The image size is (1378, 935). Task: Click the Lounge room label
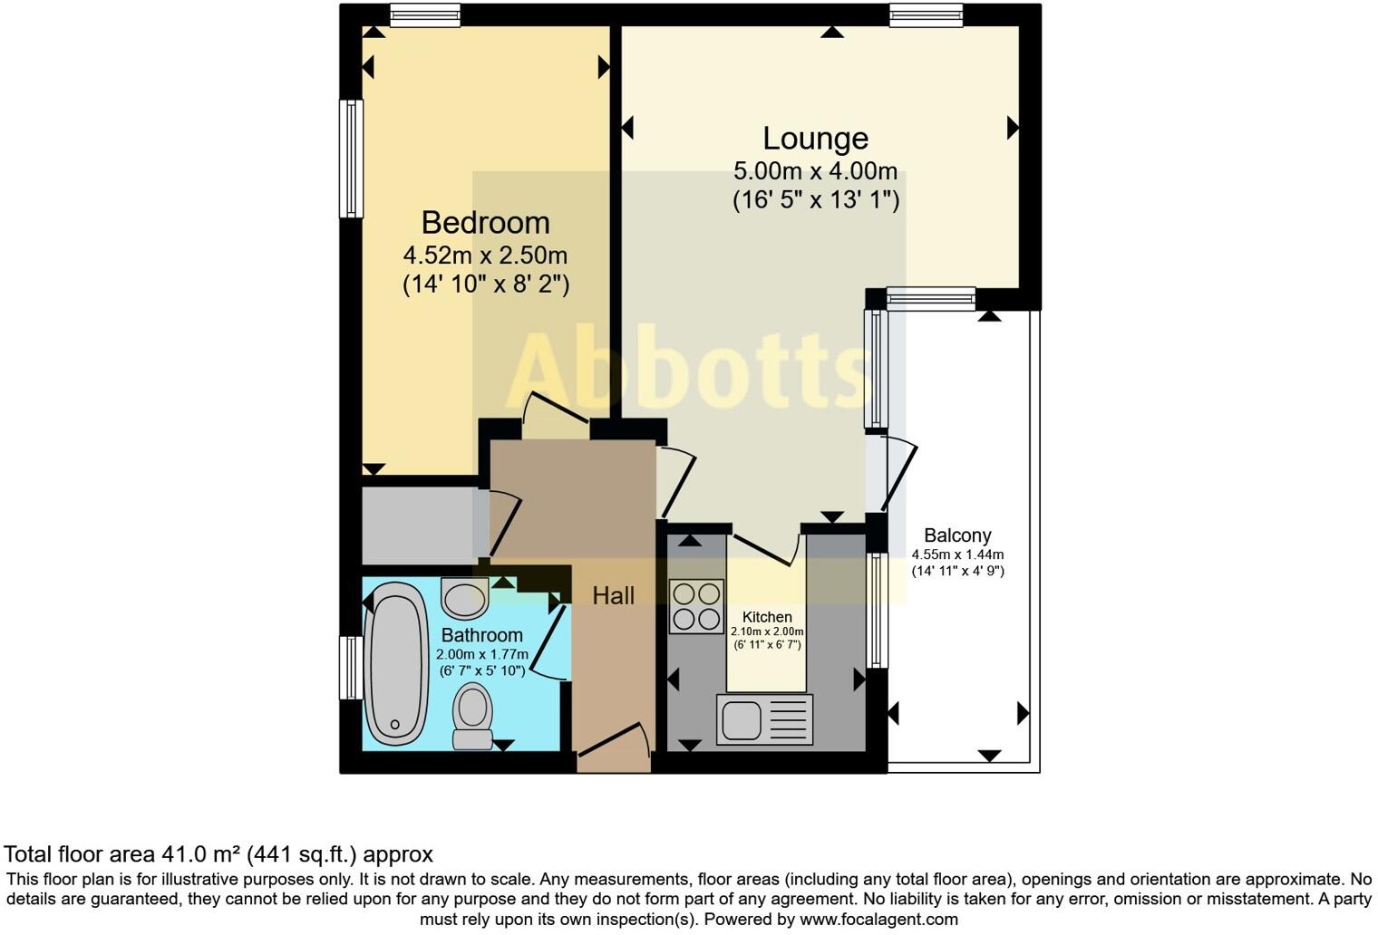click(x=815, y=139)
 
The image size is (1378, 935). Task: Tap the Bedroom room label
click(x=485, y=223)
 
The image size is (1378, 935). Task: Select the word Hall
click(x=613, y=596)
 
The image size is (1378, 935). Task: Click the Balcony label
click(x=957, y=535)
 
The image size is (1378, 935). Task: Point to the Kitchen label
click(x=767, y=617)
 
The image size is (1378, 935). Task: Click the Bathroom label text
click(x=481, y=635)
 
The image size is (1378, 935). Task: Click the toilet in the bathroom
click(x=471, y=716)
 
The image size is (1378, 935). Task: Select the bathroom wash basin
click(x=464, y=598)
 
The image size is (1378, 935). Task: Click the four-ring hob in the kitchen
click(x=696, y=606)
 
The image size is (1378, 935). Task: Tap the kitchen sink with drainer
click(x=764, y=719)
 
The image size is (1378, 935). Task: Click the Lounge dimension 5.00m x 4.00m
click(x=815, y=171)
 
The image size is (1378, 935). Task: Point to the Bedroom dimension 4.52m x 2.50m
click(x=485, y=255)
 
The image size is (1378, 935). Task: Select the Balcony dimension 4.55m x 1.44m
click(x=957, y=554)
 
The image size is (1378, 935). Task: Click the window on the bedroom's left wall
click(x=351, y=159)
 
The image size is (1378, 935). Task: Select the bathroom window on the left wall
click(x=351, y=668)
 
